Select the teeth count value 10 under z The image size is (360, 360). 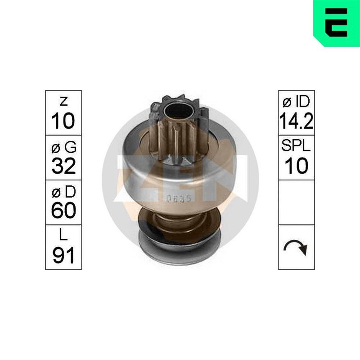[63, 121]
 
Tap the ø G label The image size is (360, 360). [63, 147]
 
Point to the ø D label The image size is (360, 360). [63, 192]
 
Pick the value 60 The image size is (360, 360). [63, 211]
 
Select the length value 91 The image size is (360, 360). [63, 255]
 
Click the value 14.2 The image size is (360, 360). [297, 121]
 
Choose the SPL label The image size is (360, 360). [297, 147]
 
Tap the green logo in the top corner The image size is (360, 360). [336, 22]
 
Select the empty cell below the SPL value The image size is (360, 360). [297, 202]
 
